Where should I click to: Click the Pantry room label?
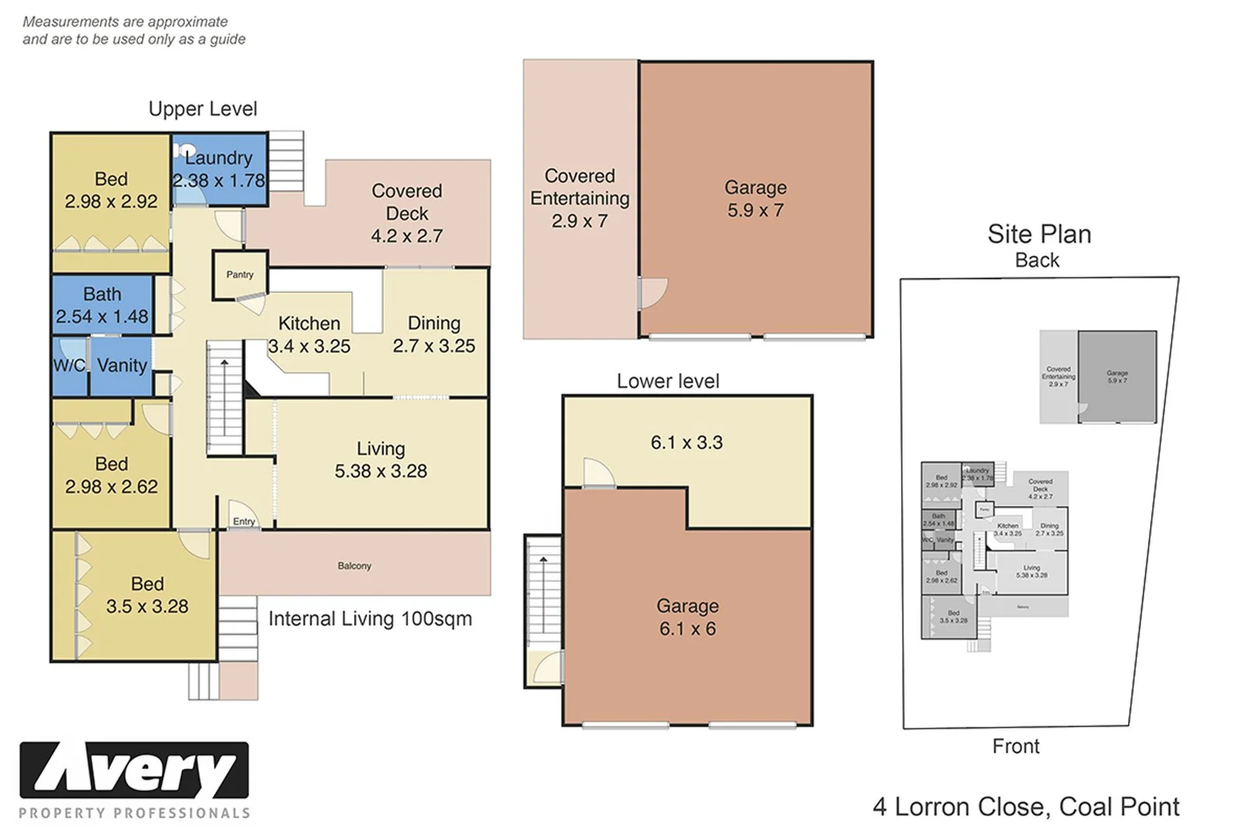coord(239,274)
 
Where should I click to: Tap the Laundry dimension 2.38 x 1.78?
coord(218,181)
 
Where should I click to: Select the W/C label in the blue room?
coord(69,365)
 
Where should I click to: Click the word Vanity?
coord(122,365)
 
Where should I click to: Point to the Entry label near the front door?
coord(243,522)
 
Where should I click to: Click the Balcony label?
coord(354,566)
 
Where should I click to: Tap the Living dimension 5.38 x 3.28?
coord(380,471)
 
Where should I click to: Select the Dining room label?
coord(434,323)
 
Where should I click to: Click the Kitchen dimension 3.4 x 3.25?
coord(309,346)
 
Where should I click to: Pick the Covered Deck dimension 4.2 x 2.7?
coord(407,236)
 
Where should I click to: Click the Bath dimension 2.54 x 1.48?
coord(101,317)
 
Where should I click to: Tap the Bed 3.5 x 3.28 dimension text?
coord(147,607)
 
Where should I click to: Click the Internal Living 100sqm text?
coord(370,618)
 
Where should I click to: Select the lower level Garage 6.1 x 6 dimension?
coord(687,629)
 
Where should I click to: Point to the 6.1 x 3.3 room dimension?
coord(686,443)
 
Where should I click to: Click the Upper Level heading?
coord(202,109)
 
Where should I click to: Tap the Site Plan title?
coord(1039,234)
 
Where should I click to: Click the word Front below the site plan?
coord(1016,746)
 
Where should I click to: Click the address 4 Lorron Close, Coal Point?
coord(1026,807)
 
